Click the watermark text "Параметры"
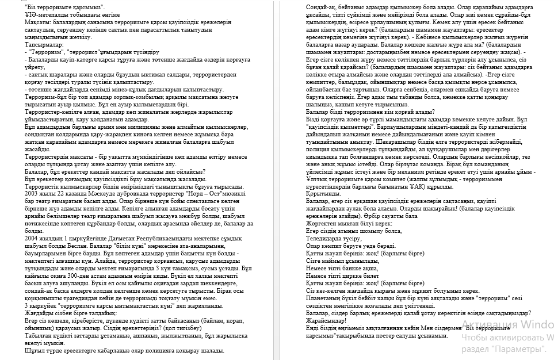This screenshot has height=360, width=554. tap(522, 348)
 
